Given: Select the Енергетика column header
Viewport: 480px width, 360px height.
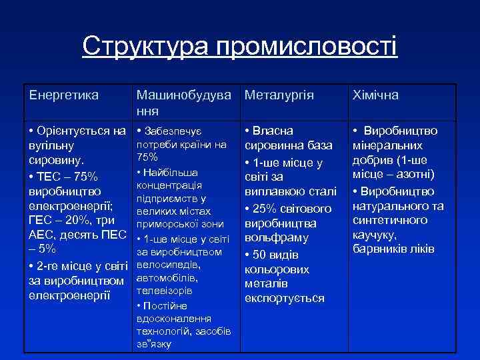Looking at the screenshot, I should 64,95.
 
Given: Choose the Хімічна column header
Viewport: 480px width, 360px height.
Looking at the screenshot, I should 375,95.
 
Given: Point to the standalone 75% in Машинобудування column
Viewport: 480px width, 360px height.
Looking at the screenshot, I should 147,157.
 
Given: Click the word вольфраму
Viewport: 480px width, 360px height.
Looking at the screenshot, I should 277,238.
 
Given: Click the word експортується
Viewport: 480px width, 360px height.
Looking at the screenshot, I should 284,298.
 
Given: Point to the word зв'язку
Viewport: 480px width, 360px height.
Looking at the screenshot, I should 153,345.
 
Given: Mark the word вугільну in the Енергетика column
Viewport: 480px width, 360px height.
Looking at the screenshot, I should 51,145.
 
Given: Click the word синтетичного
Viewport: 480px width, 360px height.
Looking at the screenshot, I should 390,220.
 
